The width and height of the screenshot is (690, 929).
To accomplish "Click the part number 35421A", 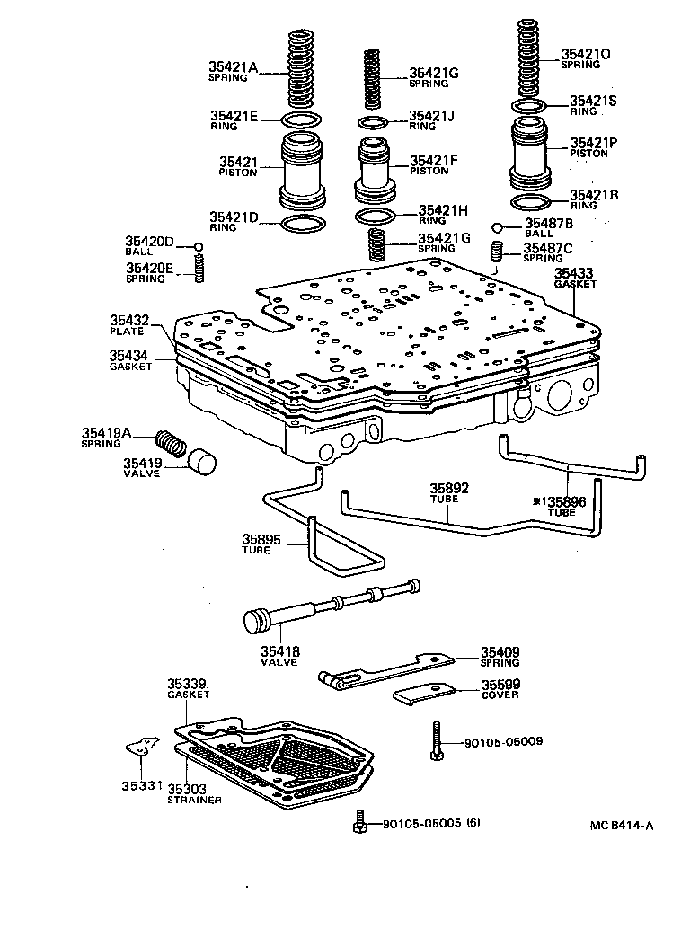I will pyautogui.click(x=234, y=66).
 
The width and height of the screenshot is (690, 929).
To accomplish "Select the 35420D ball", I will pyautogui.click(x=199, y=247).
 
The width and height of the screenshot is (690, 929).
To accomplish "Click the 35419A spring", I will pyautogui.click(x=169, y=442).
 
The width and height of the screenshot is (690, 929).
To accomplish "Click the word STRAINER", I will pyautogui.click(x=194, y=799).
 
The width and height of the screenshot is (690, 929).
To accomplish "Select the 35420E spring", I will pyautogui.click(x=200, y=268).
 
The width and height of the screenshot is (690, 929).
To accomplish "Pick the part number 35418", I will pyautogui.click(x=280, y=651).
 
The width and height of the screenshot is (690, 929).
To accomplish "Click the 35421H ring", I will pyautogui.click(x=374, y=217).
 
